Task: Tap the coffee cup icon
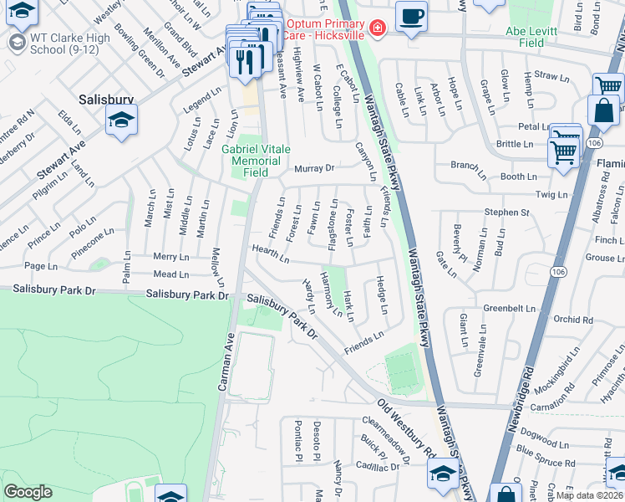click(x=410, y=17)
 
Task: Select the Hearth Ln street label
click(x=272, y=253)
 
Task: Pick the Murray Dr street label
click(x=312, y=168)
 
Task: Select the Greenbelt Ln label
click(x=508, y=308)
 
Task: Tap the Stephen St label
click(x=506, y=213)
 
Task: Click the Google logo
click(x=28, y=492)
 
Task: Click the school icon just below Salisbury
click(x=121, y=123)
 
